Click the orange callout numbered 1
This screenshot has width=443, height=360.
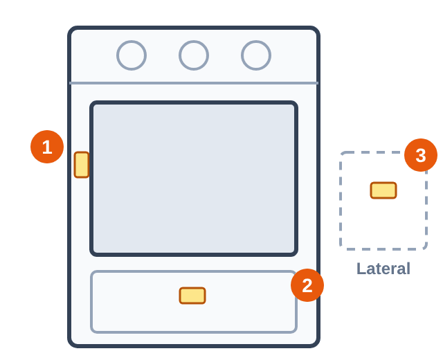[x=47, y=147]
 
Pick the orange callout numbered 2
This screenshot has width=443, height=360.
[x=307, y=285]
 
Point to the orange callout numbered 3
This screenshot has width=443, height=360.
[x=421, y=155]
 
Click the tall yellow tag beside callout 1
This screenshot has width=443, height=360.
[x=82, y=165]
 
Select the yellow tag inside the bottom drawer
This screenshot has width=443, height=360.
[x=192, y=296]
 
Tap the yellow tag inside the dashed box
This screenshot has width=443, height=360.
[x=383, y=190]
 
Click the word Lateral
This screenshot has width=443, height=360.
[x=383, y=269]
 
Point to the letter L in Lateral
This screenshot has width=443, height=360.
[x=361, y=269]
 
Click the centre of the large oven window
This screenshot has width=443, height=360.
[x=194, y=179]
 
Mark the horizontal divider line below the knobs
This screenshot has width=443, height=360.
[x=194, y=83]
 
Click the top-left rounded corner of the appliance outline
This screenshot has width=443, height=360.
[x=71, y=30]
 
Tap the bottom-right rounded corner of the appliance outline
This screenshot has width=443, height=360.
[x=316, y=344]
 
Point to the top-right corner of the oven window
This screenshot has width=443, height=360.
[x=295, y=104]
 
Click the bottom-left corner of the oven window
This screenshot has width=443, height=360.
[x=93, y=253]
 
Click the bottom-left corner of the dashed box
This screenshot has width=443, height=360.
[x=341, y=249]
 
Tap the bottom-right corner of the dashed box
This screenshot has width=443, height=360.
[x=425, y=249]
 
